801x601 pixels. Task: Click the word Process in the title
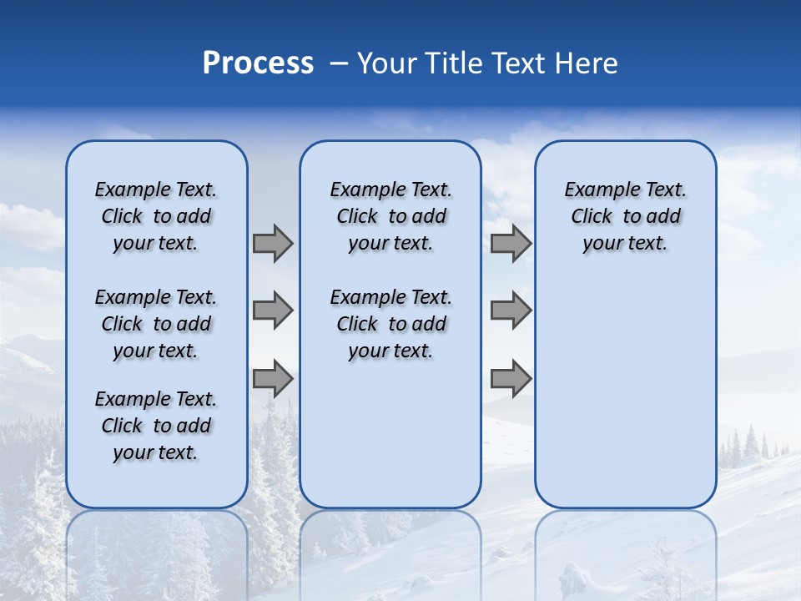[x=258, y=63]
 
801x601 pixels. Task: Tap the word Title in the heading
[x=451, y=63]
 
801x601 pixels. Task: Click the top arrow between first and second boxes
[x=273, y=243]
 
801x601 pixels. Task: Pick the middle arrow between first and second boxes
[x=273, y=311]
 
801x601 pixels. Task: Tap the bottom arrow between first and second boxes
[x=273, y=379]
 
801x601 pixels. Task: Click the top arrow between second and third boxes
[x=511, y=243]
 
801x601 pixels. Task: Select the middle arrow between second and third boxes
[x=511, y=311]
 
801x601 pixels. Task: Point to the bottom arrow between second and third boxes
[x=511, y=379]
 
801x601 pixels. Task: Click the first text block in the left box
[x=156, y=216]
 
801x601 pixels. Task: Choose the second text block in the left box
[x=156, y=324]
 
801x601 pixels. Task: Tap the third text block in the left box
[x=156, y=426]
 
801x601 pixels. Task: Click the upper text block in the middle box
[x=390, y=216]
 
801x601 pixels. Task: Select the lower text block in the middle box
[x=390, y=324]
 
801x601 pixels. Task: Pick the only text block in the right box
[x=625, y=216]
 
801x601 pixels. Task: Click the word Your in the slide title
[x=385, y=63]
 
